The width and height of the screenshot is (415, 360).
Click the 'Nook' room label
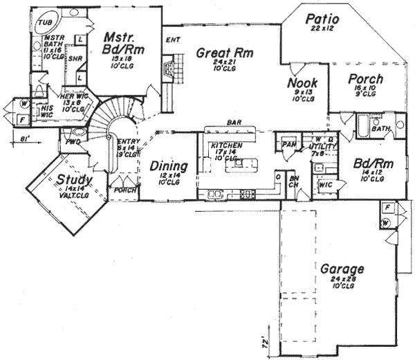pyautogui.click(x=302, y=84)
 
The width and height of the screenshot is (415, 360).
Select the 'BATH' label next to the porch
pyautogui.click(x=380, y=129)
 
